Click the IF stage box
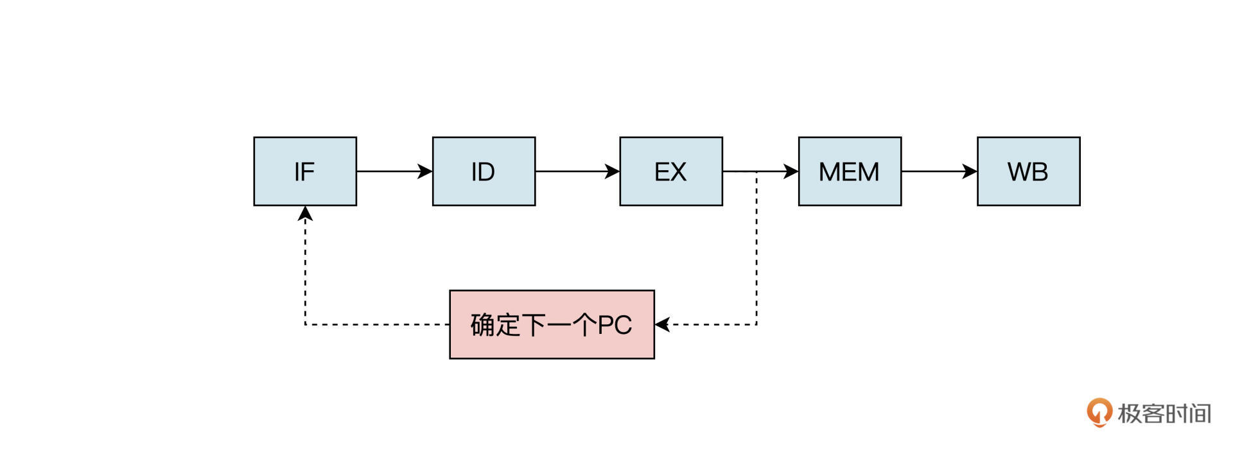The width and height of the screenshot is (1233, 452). [x=305, y=171]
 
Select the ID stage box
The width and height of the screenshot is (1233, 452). [x=484, y=171]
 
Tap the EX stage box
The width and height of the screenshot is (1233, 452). [x=670, y=171]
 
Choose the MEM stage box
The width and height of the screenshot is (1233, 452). [x=849, y=171]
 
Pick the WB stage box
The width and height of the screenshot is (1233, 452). [x=1028, y=171]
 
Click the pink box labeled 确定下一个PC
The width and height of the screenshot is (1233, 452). [x=552, y=324]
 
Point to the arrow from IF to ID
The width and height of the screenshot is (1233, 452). [x=393, y=171]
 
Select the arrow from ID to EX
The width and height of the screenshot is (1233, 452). [x=576, y=171]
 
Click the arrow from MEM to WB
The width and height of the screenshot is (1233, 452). [x=938, y=171]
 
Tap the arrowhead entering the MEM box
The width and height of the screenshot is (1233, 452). [x=791, y=171]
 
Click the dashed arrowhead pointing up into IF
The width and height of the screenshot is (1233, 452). [x=305, y=213]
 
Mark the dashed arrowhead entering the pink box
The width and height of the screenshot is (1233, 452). [x=662, y=324]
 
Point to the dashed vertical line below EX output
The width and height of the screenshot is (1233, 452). [x=756, y=250]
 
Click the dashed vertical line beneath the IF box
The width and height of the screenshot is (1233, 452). [x=305, y=270]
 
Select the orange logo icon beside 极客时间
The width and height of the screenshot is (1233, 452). [x=1099, y=412]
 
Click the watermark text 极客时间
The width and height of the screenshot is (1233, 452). [x=1164, y=413]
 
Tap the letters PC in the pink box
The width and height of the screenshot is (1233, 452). [x=615, y=325]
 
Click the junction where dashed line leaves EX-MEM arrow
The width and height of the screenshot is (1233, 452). [x=756, y=171]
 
